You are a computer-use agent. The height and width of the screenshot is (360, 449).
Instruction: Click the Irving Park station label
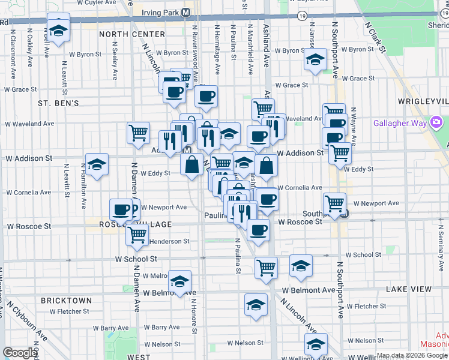click(165, 13)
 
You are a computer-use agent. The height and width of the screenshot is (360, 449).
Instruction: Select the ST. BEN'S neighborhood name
click(58, 103)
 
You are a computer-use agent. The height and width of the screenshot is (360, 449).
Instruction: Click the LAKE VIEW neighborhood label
click(408, 289)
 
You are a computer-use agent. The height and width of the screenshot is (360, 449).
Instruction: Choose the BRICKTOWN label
click(66, 300)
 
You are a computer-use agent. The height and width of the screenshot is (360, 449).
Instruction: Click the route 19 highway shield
click(301, 16)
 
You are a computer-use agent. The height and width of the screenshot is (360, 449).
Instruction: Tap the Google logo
click(20, 353)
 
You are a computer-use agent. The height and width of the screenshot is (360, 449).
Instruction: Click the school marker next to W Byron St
click(314, 59)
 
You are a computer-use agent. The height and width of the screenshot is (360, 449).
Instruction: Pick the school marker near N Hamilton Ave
click(96, 165)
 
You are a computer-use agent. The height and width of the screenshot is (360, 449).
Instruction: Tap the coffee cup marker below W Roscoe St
click(259, 229)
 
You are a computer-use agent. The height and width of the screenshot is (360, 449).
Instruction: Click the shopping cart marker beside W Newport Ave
click(334, 202)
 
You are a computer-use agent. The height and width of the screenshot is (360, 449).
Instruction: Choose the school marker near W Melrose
click(179, 281)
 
